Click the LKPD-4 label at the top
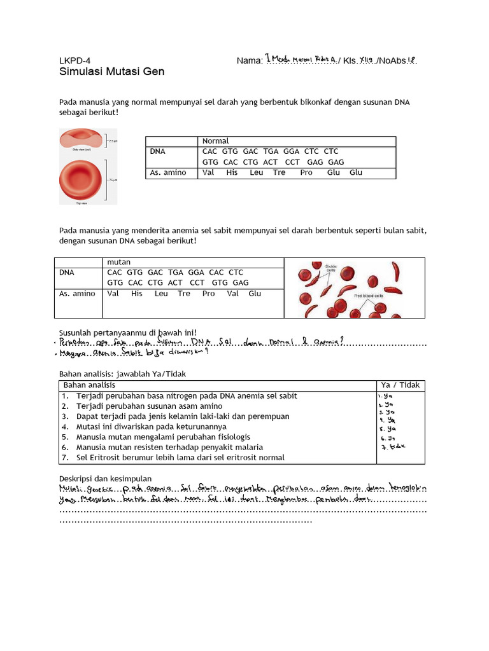(76, 60)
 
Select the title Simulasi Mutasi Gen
(111, 72)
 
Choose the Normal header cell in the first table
(215, 140)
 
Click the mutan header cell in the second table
(118, 262)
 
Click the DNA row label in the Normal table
(157, 151)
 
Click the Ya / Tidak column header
(400, 385)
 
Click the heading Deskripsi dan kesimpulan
(105, 478)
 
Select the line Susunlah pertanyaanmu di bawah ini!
(127, 332)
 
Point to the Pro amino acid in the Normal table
(306, 173)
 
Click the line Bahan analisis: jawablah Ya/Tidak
(122, 374)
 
